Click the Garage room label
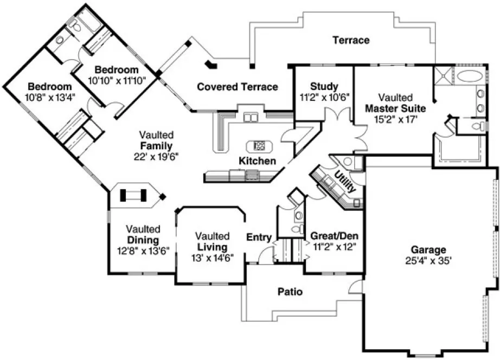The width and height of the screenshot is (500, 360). tap(428, 250)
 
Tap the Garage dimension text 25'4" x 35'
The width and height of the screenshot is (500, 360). tap(428, 260)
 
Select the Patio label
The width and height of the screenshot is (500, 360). tap(291, 292)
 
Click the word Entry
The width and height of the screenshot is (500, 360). tap(259, 237)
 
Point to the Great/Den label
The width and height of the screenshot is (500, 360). tap(334, 236)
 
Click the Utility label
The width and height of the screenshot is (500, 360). tap(345, 182)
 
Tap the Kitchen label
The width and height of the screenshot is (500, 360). tap(257, 161)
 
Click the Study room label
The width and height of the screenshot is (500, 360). tap(324, 87)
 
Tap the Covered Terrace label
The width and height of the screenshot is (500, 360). tap(238, 87)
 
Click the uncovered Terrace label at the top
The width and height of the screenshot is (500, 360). tap(351, 40)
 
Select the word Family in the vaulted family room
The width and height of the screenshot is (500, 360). tap(156, 146)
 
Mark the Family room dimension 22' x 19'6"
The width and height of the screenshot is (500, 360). tap(156, 156)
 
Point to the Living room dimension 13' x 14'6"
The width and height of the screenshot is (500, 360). tap(213, 257)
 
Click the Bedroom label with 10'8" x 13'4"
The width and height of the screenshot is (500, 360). tap(49, 87)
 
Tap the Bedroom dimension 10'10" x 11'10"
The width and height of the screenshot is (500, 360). tap(116, 80)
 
